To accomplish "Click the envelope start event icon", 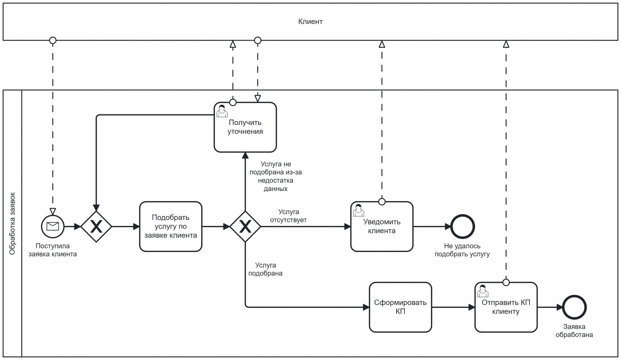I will [53, 227].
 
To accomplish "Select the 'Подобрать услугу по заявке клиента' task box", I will [170, 226].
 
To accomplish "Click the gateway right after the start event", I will [96, 227].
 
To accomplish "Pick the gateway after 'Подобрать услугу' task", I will [245, 227].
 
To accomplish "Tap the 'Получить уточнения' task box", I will [245, 127].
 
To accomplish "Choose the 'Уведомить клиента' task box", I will [382, 226].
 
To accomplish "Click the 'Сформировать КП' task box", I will [400, 307].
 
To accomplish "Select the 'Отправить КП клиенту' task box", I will [506, 307].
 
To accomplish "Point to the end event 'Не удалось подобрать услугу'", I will [462, 227].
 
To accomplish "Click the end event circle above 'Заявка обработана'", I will [574, 307].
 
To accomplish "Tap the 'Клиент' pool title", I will [310, 22].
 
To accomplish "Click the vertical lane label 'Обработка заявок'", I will [12, 223].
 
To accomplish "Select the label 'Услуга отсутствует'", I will [288, 216].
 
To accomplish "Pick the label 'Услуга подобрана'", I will [265, 269].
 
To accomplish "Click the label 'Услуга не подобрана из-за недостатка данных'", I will [275, 176].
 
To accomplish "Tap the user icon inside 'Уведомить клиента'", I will [359, 210].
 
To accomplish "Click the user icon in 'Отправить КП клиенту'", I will [483, 291].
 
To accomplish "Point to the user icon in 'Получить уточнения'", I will [222, 111].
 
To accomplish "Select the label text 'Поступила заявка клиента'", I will [53, 250].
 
